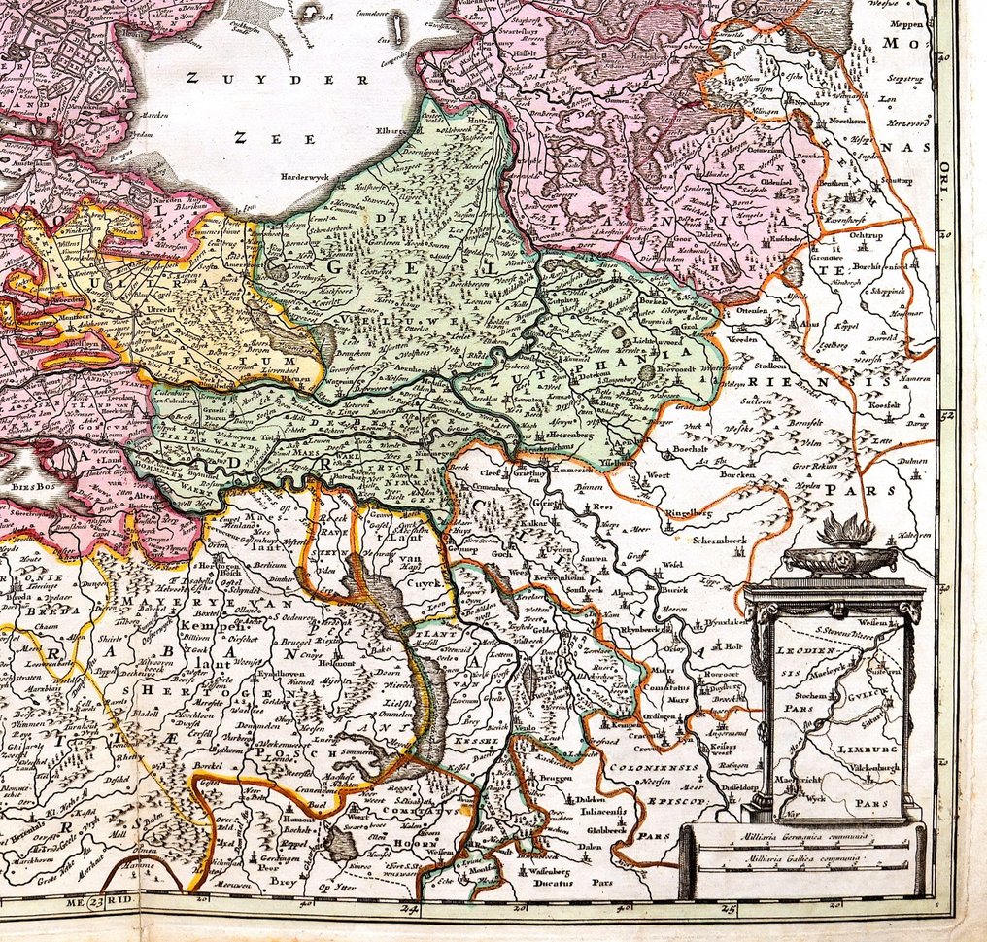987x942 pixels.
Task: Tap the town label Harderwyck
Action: [309, 178]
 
